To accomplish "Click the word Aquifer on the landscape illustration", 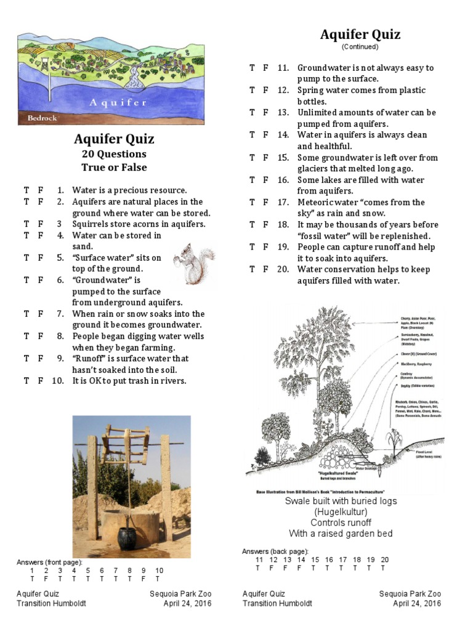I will [118, 102].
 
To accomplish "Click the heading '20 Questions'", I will [114, 154].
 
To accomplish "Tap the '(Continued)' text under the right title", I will [360, 47].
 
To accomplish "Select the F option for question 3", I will [41, 224].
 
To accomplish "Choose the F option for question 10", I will [41, 381].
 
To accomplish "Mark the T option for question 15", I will [252, 158].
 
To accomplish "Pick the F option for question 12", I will [265, 91].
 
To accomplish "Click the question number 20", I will [283, 269].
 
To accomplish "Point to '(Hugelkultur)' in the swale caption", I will [341, 512].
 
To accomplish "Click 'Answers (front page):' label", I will [49, 563].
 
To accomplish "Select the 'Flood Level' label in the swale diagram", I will [407, 452].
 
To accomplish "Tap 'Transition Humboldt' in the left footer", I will [51, 603].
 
